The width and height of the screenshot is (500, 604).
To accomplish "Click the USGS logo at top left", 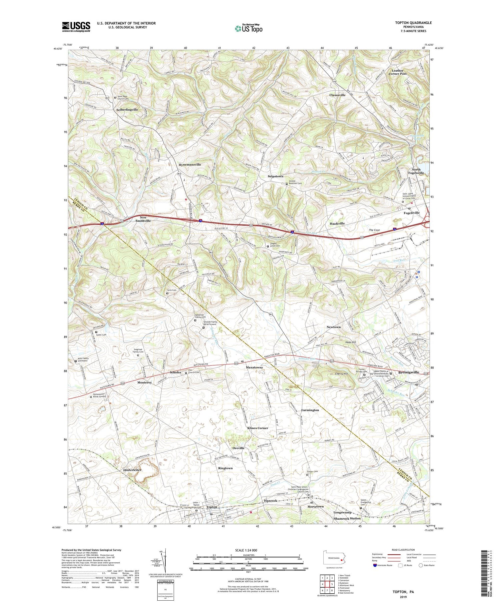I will point(76,27).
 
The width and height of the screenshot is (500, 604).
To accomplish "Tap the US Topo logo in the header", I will point(248,28).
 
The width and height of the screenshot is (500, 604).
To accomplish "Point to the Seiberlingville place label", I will point(127,109).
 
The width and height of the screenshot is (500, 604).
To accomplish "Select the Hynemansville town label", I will point(190,165).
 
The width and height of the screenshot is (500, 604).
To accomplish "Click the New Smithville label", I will point(143,219).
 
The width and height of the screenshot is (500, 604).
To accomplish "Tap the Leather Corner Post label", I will point(397,72).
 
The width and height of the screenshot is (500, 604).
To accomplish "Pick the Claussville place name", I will point(337,95).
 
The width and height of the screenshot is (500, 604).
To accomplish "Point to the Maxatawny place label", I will point(254,367).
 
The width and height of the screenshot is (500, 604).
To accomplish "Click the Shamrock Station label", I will point(347,518).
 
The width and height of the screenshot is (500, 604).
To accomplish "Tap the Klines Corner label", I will point(258,428).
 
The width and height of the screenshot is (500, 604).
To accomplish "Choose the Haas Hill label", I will point(350,342).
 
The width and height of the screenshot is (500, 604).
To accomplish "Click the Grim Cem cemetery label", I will point(172,290).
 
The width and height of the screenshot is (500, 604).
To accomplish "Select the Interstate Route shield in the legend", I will point(375,565).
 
